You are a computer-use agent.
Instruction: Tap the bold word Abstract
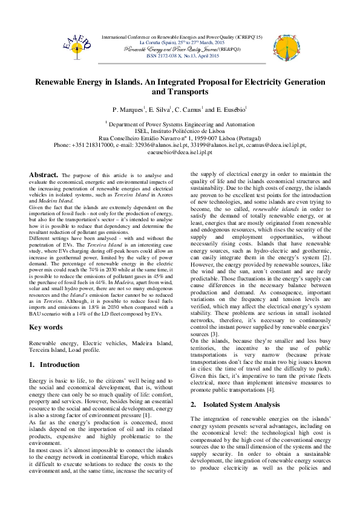(44, 175)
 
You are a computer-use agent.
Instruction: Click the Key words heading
(46, 327)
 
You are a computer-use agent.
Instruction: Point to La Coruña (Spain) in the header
(159, 43)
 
